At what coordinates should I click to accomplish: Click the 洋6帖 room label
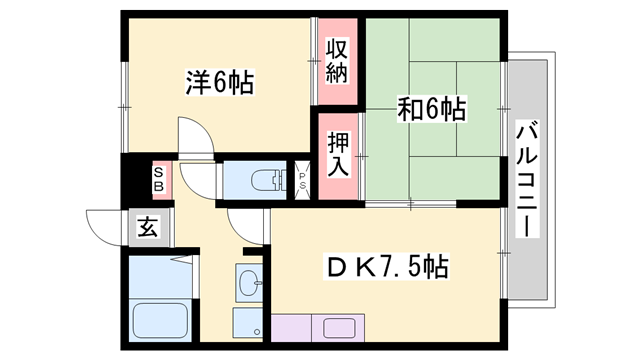218,82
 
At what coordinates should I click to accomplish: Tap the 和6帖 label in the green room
432,109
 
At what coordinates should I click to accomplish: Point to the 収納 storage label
338,60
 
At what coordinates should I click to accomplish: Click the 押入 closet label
338,150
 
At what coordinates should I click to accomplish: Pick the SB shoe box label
159,180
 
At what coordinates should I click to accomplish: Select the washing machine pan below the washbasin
246,324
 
